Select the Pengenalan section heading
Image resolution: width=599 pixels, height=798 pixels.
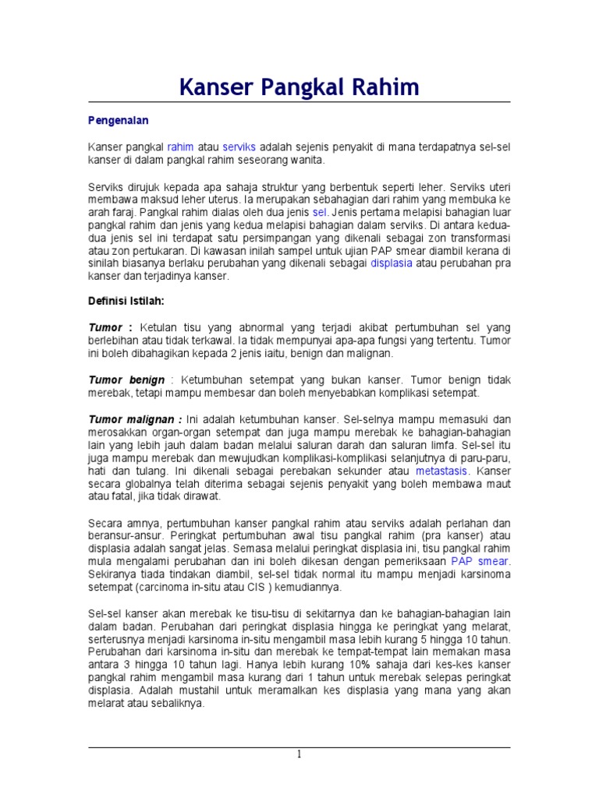pyautogui.click(x=117, y=121)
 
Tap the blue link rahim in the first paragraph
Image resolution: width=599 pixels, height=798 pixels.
pyautogui.click(x=180, y=147)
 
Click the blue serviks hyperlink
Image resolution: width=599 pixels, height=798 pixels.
pyautogui.click(x=239, y=147)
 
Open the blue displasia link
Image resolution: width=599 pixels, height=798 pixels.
pyautogui.click(x=392, y=263)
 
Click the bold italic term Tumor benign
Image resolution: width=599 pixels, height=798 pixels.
pyautogui.click(x=126, y=380)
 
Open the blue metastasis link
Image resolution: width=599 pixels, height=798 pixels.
pyautogui.click(x=443, y=471)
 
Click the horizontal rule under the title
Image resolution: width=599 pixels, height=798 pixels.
pyautogui.click(x=299, y=102)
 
